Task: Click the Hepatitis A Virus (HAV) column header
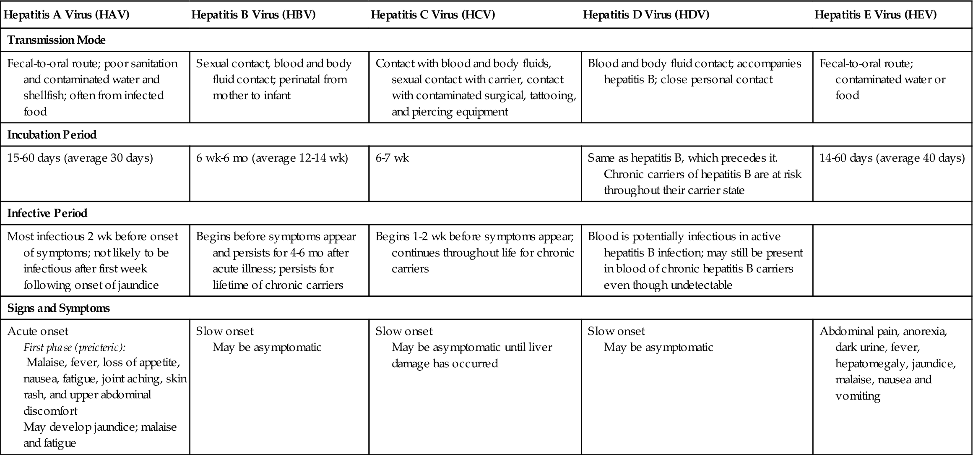[x=66, y=15]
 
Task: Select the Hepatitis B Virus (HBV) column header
[x=253, y=15]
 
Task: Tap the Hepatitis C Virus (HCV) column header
[x=433, y=15]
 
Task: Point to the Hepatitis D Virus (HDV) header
[x=646, y=15]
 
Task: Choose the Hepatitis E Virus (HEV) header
[x=875, y=15]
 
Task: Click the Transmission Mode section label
[x=56, y=40]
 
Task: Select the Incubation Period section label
[x=52, y=135]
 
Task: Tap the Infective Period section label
[x=47, y=213]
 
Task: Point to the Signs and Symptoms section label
[x=59, y=309]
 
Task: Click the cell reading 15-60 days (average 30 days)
[x=80, y=158]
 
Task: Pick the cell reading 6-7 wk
[x=392, y=158]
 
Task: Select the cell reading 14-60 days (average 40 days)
[x=892, y=158]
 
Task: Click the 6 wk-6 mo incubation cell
[x=272, y=158]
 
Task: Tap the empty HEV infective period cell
[x=892, y=260]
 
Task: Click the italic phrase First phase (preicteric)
[x=75, y=348]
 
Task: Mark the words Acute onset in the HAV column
[x=38, y=332]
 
